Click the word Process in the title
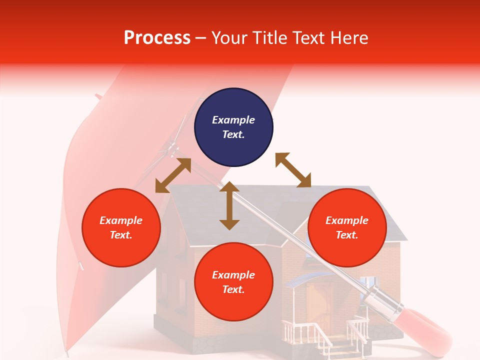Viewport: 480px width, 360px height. coord(157,37)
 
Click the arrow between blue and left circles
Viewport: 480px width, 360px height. coord(173,175)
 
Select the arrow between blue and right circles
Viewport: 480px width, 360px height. coord(293,170)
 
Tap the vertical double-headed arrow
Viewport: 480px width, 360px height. coord(229,205)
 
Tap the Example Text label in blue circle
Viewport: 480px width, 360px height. coord(233,127)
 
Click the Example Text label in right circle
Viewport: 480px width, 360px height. coord(347,227)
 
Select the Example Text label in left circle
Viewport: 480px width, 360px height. coord(121,227)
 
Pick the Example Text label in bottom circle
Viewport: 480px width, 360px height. coord(233,282)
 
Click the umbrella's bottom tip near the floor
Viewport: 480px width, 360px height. coord(67,353)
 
